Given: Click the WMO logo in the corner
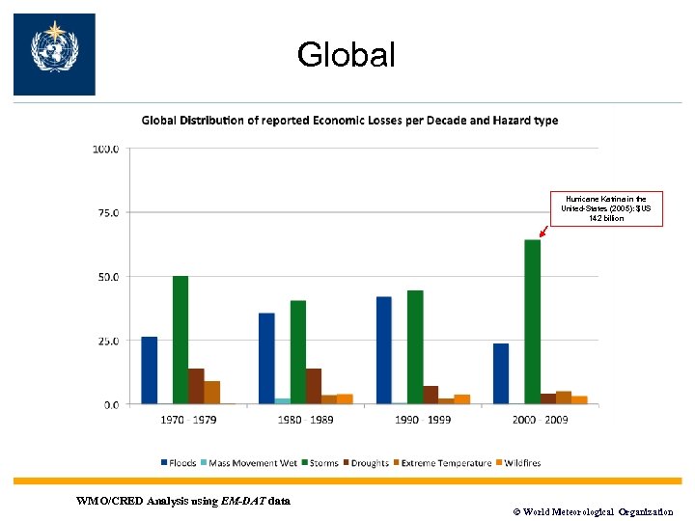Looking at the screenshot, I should [x=54, y=54].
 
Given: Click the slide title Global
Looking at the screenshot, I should [x=347, y=55].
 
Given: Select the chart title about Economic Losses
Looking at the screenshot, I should [x=349, y=121].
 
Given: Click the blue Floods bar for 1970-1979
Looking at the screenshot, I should [x=149, y=370].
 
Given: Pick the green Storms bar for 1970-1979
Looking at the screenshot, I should [x=180, y=340].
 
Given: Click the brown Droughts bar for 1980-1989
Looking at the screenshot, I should [x=314, y=386].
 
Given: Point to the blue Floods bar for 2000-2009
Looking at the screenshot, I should [x=500, y=373].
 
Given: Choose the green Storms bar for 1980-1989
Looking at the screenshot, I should [x=297, y=352].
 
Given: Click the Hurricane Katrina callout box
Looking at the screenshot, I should [x=607, y=207].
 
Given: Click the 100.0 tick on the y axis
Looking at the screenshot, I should [x=106, y=149].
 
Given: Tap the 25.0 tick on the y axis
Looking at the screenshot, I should [x=106, y=341].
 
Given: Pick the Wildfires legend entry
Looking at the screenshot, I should [x=520, y=463].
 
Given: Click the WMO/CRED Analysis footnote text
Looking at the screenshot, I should [x=182, y=500].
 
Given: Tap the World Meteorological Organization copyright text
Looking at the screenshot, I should [x=590, y=512].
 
